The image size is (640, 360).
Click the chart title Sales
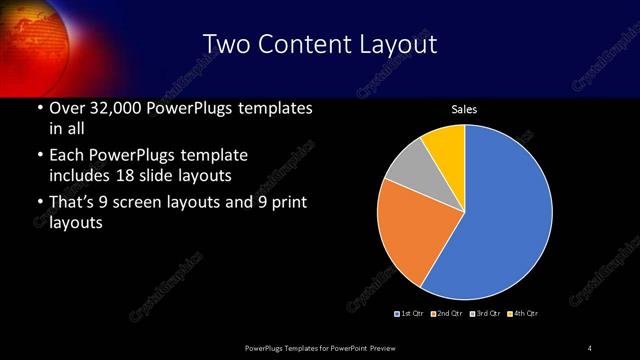[x=464, y=108]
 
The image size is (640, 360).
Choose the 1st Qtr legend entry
[x=410, y=314]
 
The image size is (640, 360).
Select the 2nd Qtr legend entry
[x=446, y=314]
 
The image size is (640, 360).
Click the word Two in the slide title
[x=225, y=44]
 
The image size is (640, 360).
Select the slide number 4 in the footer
[x=590, y=347]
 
